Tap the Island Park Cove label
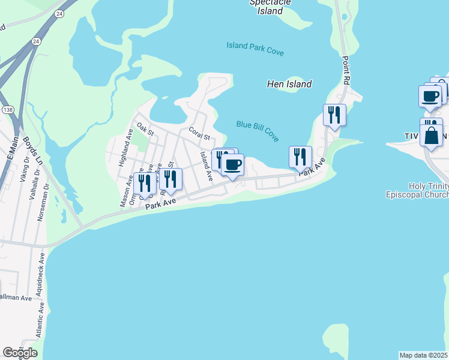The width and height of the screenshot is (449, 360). click(x=255, y=49)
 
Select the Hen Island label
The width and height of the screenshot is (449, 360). click(x=289, y=85)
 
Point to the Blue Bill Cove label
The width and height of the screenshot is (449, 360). click(x=258, y=131)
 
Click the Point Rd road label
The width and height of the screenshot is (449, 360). click(x=346, y=71)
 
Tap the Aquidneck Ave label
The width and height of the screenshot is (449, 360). click(x=40, y=275)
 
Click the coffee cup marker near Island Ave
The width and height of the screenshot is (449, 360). click(x=233, y=164)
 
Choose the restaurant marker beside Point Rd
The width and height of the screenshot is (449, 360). click(x=334, y=114)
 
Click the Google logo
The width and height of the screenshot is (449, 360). click(x=19, y=353)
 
